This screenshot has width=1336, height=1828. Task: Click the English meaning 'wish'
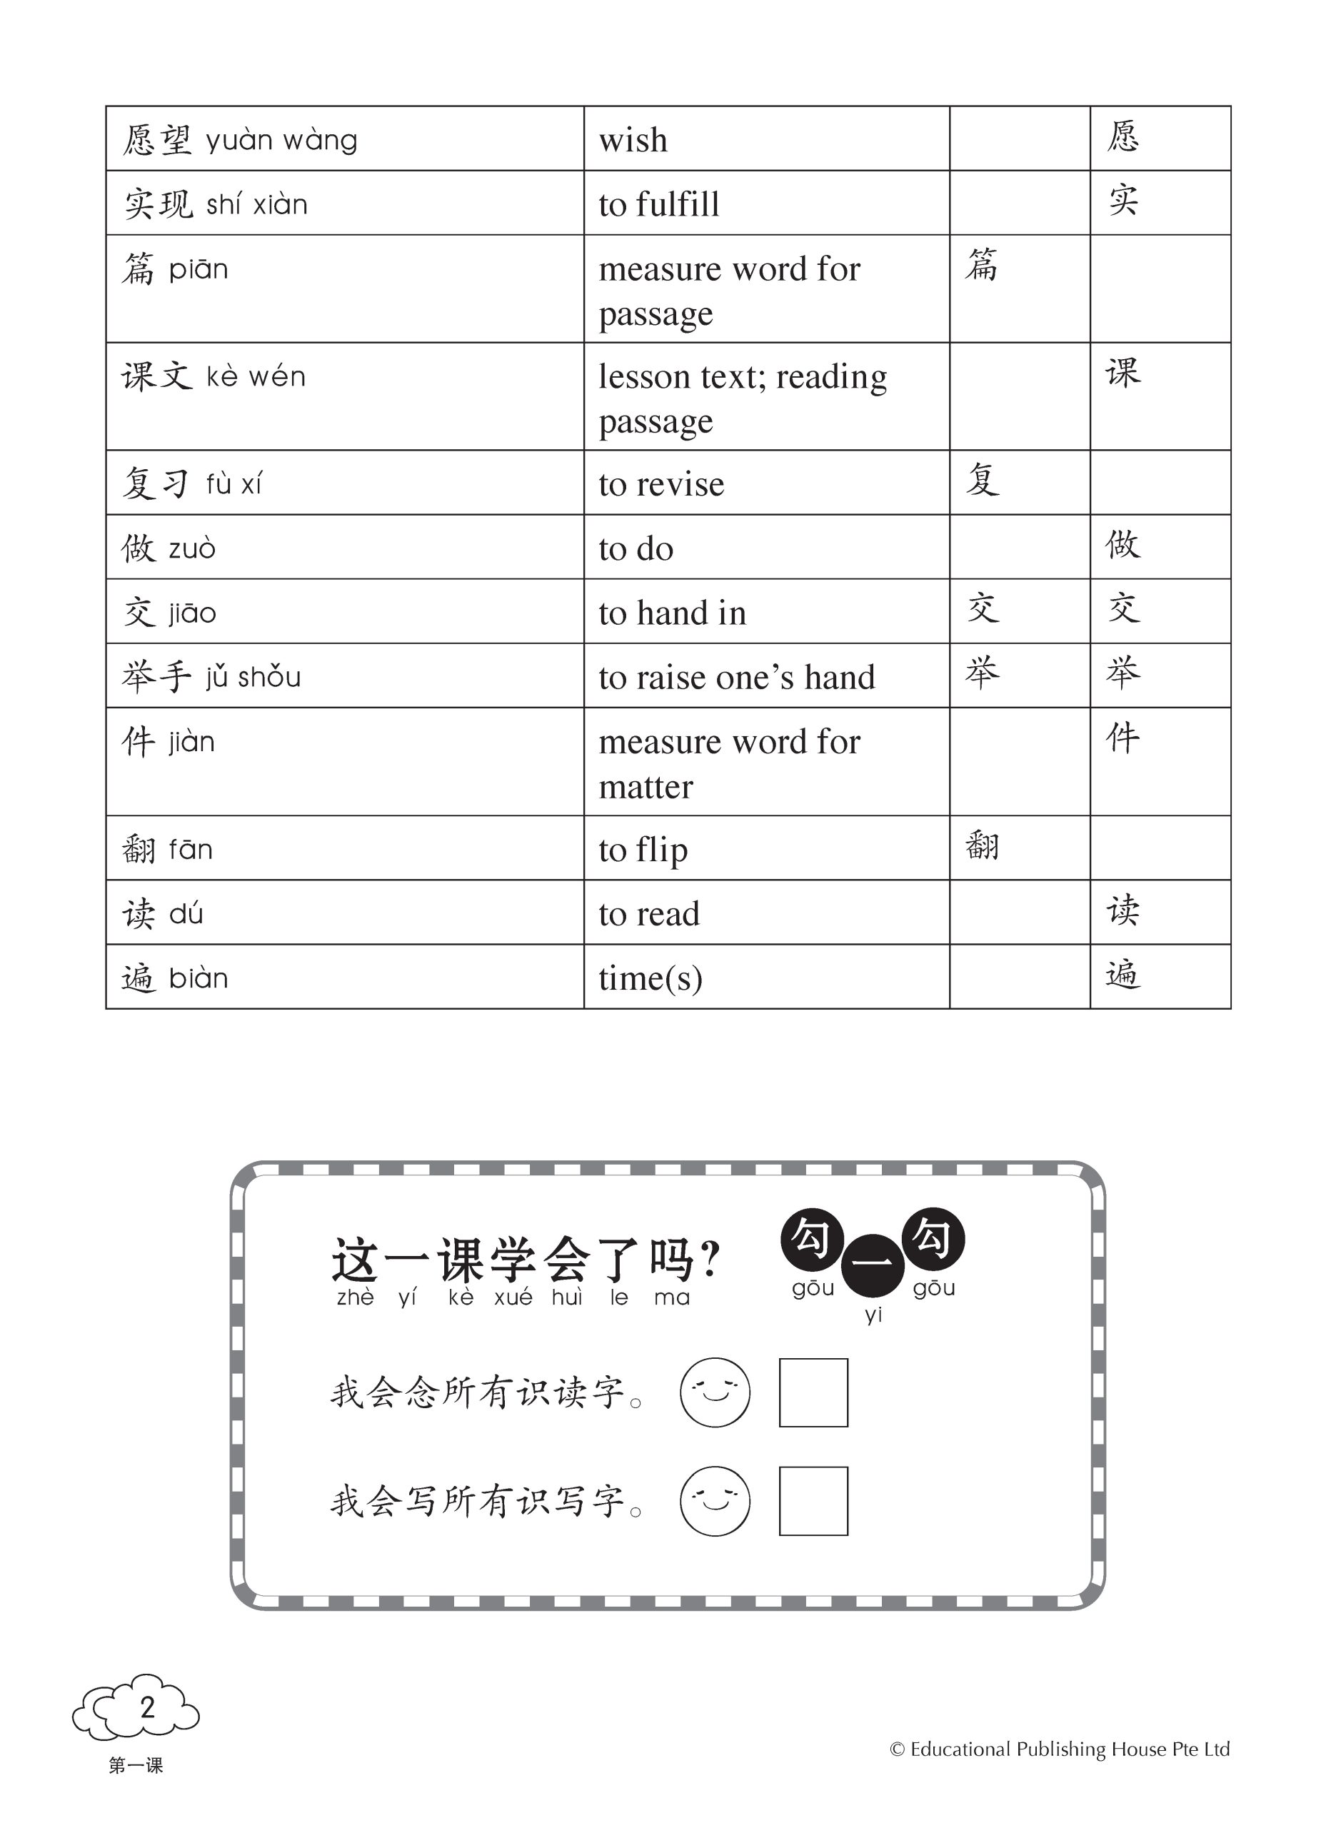(633, 140)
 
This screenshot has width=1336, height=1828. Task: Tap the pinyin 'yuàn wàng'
(281, 141)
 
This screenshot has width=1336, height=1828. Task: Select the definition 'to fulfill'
(658, 204)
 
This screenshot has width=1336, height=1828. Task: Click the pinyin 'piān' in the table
(198, 269)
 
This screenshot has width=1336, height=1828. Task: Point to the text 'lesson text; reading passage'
(742, 398)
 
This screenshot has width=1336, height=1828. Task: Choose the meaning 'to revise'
(661, 484)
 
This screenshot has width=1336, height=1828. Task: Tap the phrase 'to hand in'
(671, 613)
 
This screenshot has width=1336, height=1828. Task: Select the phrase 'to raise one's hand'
(736, 678)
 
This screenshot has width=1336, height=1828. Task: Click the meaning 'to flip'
(643, 850)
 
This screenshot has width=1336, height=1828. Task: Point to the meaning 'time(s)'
(651, 979)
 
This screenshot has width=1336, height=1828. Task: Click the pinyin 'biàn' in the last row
(198, 979)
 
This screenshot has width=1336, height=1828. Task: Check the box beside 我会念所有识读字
(813, 1392)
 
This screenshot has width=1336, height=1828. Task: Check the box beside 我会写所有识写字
(813, 1500)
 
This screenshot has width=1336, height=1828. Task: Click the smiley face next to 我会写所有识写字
(715, 1500)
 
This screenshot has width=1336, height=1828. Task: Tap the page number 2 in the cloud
(147, 1707)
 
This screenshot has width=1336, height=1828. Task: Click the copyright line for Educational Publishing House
(1060, 1749)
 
